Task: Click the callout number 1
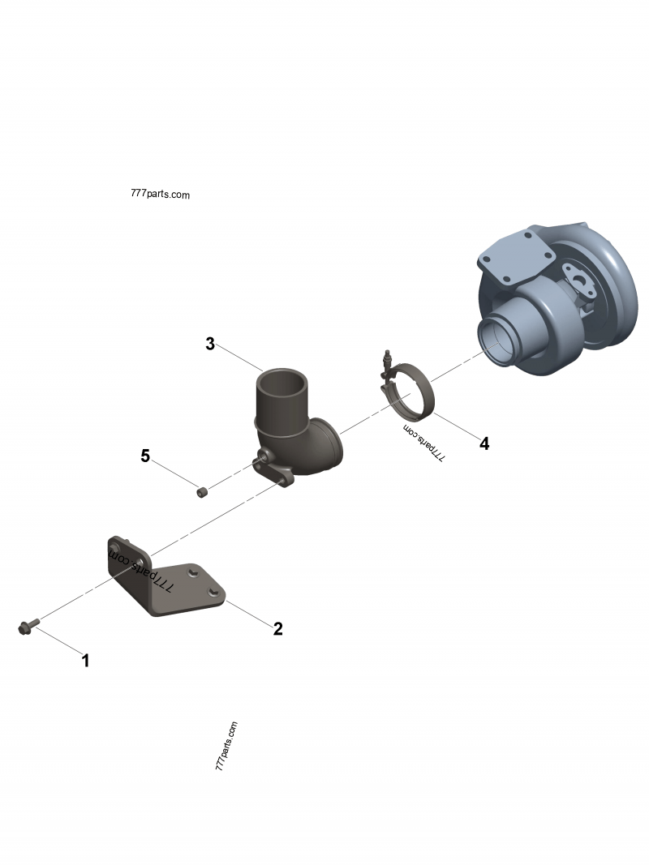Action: [85, 661]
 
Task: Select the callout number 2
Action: [277, 628]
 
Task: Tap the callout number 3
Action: [210, 344]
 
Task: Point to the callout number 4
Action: [484, 443]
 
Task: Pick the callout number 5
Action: [145, 456]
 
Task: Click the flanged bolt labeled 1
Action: [24, 627]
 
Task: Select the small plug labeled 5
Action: [202, 491]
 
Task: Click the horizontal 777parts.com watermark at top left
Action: [160, 195]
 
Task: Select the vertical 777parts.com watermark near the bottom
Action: [227, 746]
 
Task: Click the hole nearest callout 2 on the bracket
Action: [213, 596]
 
